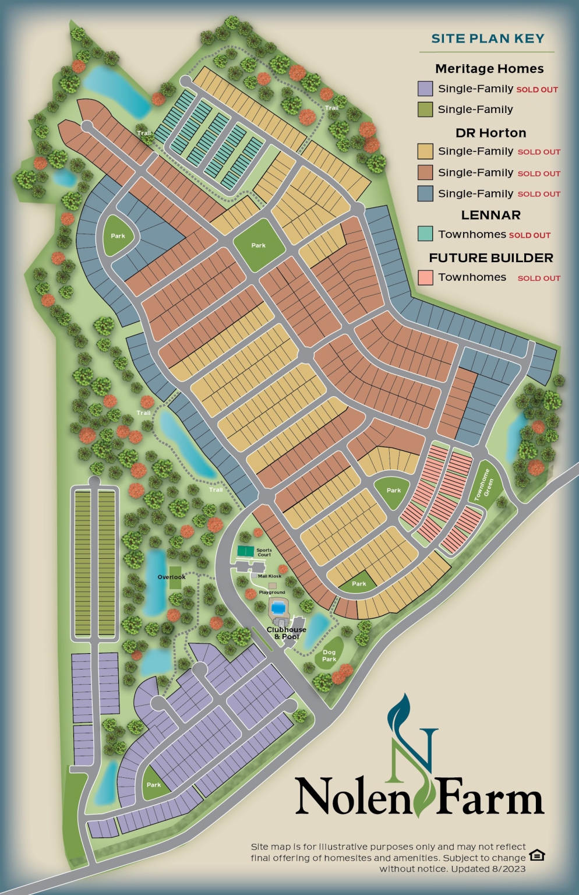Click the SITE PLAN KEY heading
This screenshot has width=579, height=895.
488,39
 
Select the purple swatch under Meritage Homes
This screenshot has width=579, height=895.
425,89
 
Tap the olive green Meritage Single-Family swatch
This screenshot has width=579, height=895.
425,110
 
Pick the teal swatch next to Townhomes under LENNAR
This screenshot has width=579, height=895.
425,234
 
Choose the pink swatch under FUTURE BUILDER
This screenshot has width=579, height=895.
425,277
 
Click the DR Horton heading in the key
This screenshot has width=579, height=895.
490,133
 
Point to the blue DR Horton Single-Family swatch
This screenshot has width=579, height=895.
425,193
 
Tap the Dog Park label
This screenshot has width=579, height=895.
329,656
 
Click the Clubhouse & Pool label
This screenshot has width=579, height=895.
286,633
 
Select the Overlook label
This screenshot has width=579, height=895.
171,577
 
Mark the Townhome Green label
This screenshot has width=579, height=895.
484,485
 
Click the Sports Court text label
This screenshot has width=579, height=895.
264,552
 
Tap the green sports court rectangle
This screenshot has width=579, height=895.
246,551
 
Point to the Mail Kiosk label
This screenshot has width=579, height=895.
269,576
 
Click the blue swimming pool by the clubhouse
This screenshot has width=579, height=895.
279,608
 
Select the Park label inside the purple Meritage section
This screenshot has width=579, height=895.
154,785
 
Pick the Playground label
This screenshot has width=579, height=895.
272,592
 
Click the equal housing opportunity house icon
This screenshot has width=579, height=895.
536,855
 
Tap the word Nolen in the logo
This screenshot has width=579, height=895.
353,797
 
